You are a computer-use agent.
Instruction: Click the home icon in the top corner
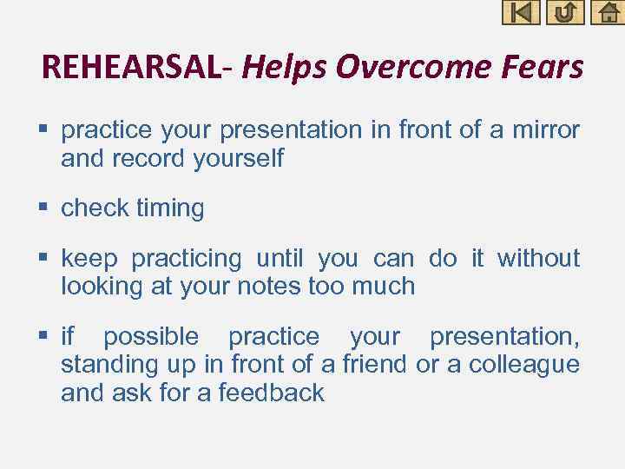point(607,12)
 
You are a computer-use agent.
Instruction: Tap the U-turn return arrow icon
point(564,12)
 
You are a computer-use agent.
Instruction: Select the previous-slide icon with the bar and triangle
point(521,12)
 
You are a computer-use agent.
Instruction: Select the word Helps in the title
point(285,67)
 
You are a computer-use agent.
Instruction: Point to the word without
point(538,258)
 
